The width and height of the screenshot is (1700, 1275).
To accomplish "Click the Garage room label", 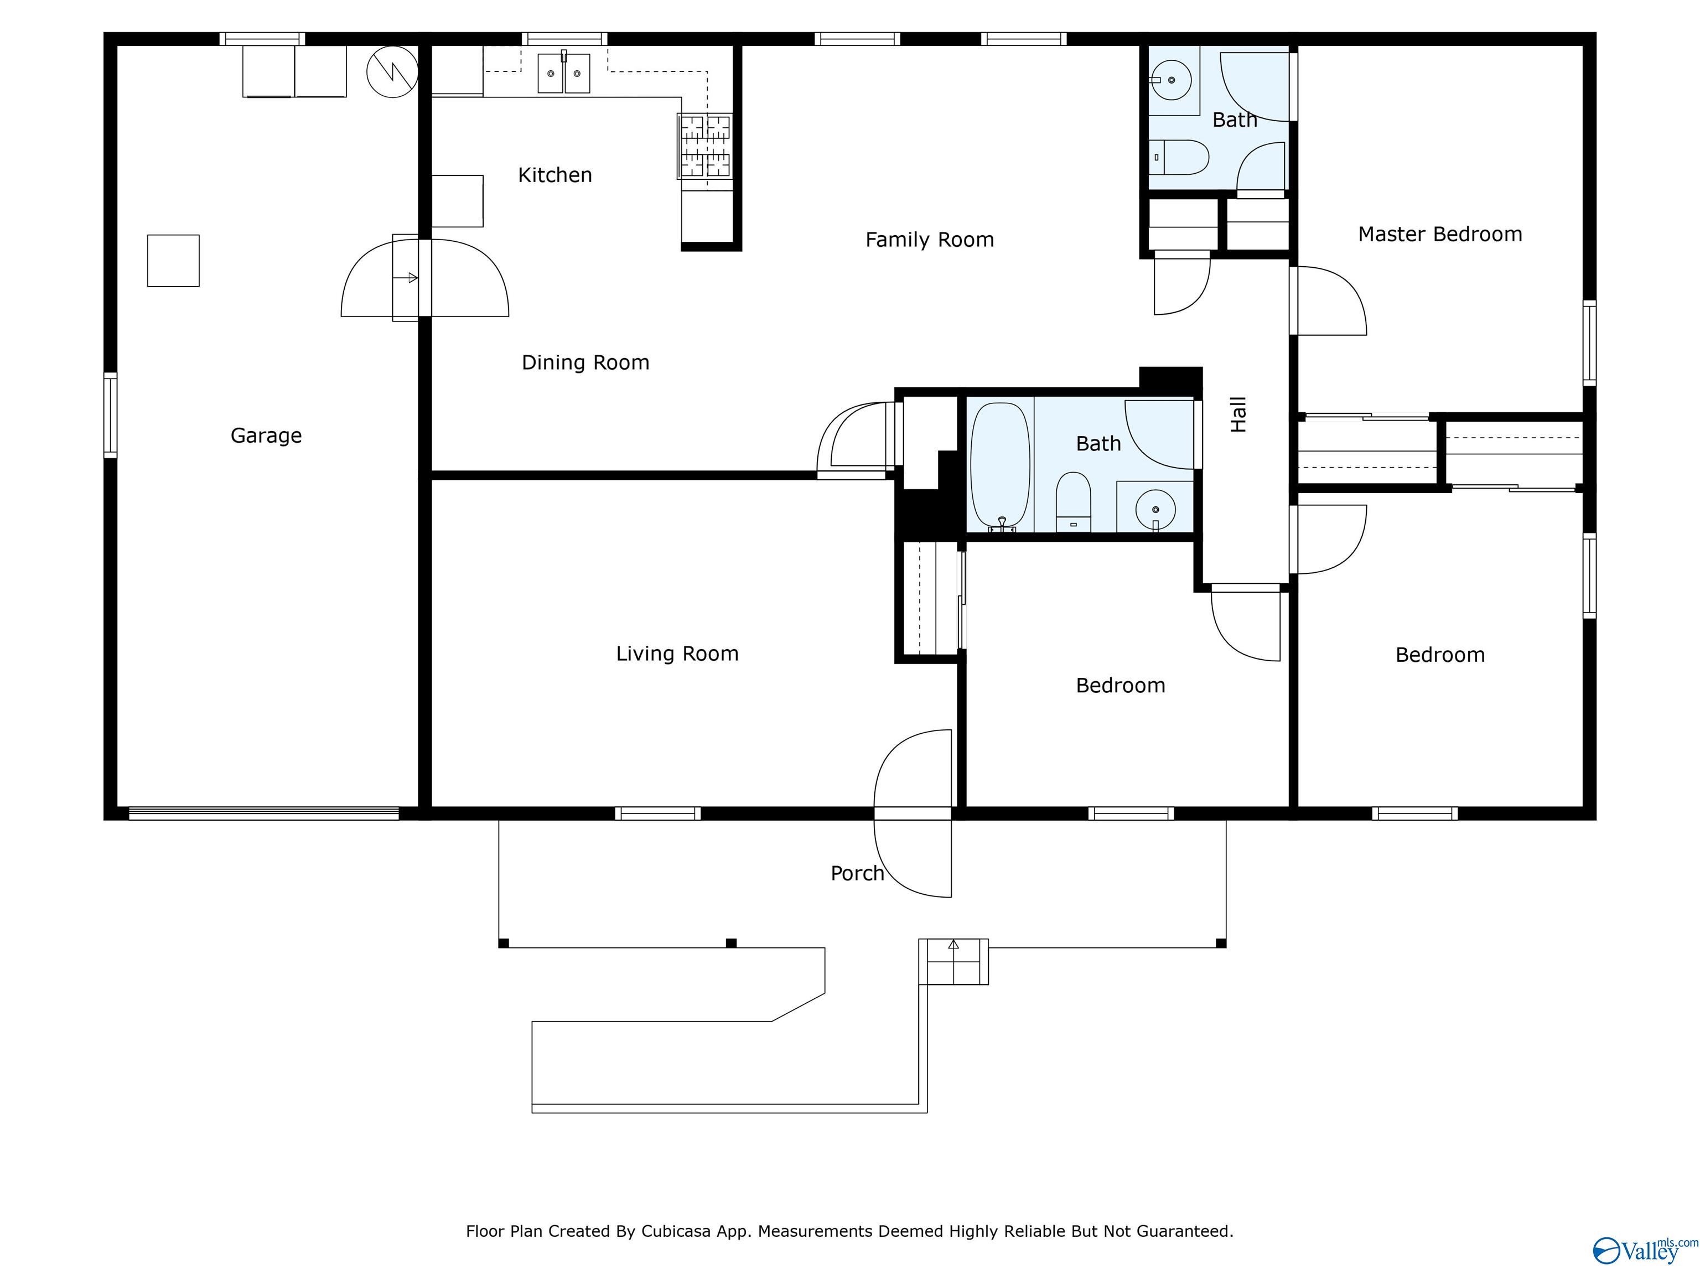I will click(x=266, y=436).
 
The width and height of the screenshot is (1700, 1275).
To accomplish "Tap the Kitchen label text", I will click(x=555, y=175).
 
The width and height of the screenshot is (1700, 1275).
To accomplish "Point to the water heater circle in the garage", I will click(x=392, y=72).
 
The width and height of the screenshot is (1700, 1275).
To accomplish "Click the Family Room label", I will click(x=929, y=240).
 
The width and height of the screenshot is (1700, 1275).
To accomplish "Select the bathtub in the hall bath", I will click(x=1000, y=465).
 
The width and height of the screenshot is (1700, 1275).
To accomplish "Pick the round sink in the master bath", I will click(x=1170, y=79).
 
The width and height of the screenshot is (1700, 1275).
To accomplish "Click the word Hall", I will click(x=1238, y=415).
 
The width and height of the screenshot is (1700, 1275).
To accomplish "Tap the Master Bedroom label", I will click(x=1439, y=235).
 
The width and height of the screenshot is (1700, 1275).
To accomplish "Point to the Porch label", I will click(x=857, y=873).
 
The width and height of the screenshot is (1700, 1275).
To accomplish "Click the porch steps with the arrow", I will click(x=953, y=961).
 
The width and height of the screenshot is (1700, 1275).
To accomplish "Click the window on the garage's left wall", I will click(x=111, y=415).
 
